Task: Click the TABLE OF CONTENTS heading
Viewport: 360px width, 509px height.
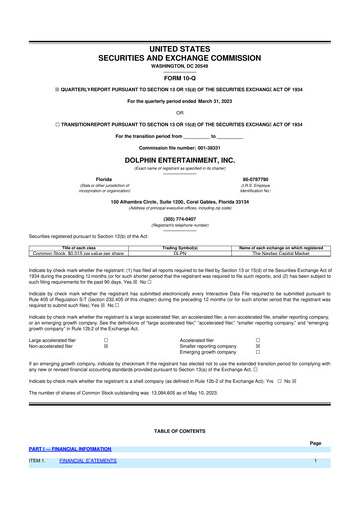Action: coord(180,429)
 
